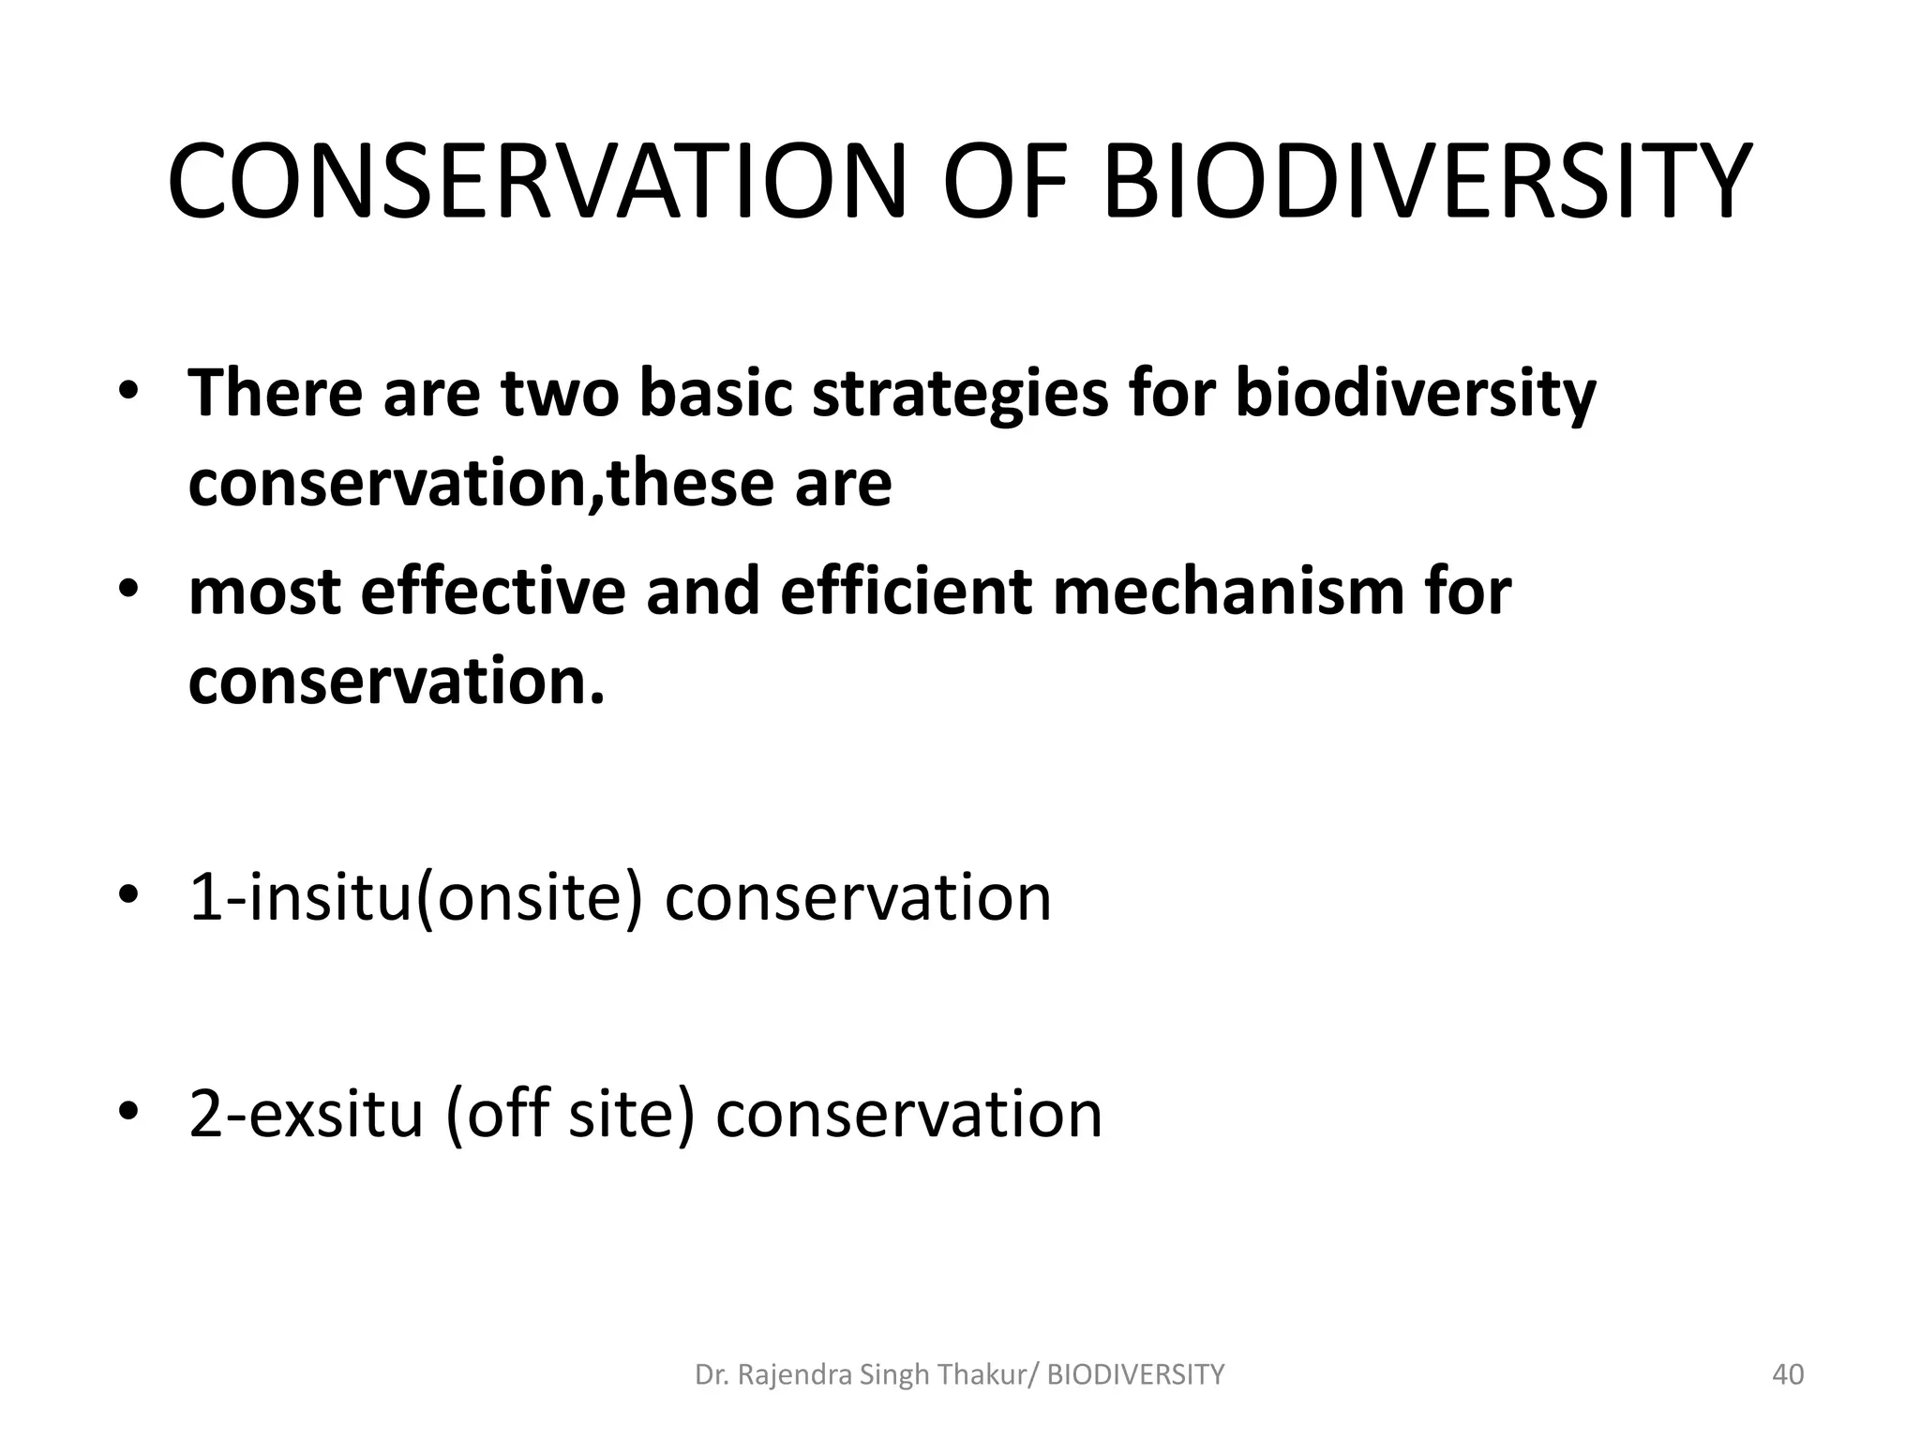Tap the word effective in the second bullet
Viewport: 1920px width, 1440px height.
(492, 592)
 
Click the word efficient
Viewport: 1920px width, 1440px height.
(906, 592)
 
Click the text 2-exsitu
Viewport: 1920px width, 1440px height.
(307, 1115)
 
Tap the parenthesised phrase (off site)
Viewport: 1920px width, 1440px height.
(570, 1115)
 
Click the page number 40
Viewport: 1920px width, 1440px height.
(1788, 1375)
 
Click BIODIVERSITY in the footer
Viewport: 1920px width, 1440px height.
(1135, 1375)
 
